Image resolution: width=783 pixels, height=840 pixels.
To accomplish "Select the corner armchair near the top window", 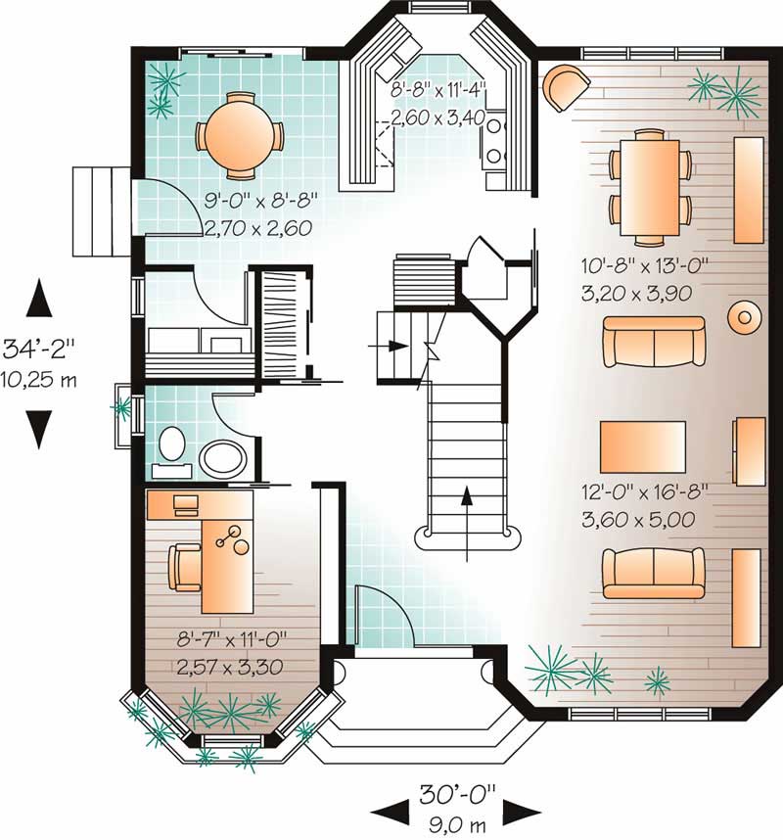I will (564, 86).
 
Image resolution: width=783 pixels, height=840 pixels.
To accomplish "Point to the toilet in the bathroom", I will (172, 444).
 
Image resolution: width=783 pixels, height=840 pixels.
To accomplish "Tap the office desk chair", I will (184, 567).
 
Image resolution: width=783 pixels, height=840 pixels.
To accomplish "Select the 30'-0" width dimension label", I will (457, 789).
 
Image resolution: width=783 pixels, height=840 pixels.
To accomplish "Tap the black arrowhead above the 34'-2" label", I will (38, 298).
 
